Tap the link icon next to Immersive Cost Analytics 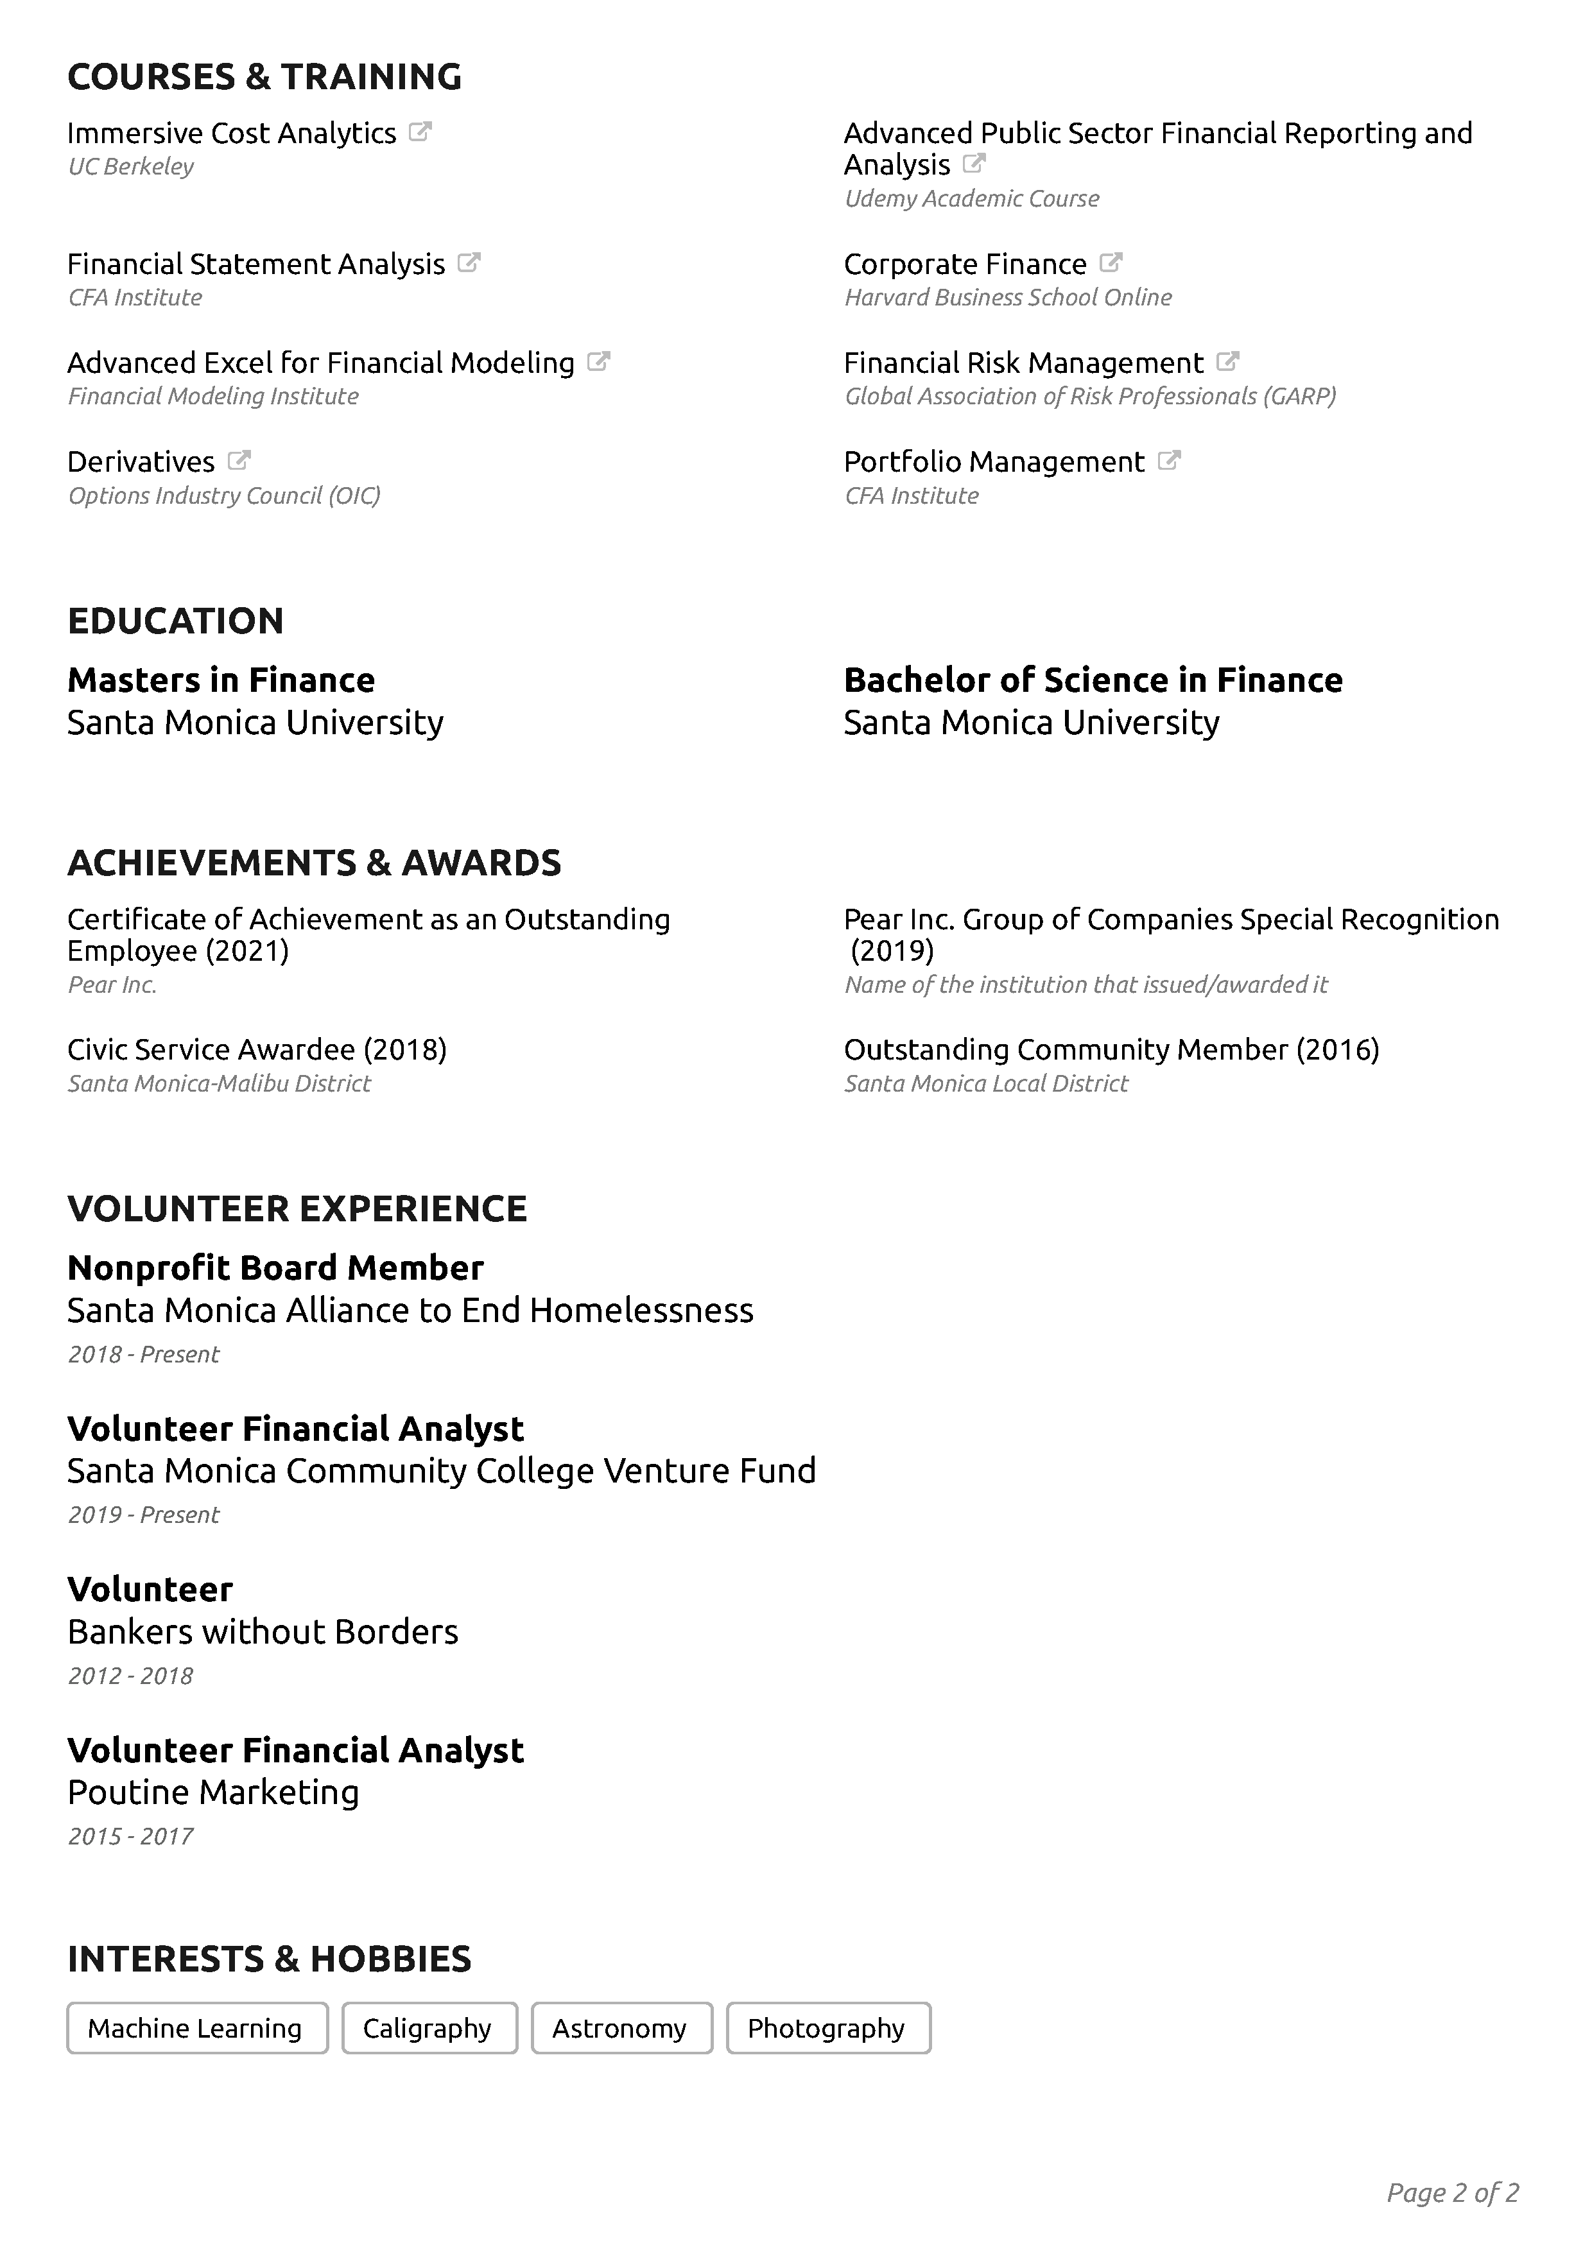(420, 132)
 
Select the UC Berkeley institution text (130, 167)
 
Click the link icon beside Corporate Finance (1111, 263)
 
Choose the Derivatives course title (141, 462)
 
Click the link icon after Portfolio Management (1168, 460)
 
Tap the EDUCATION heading (176, 621)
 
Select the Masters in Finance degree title (221, 680)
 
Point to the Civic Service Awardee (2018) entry (257, 1049)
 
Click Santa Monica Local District (986, 1084)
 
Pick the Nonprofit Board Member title (275, 1268)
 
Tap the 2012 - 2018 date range (130, 1675)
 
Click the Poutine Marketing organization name (213, 1792)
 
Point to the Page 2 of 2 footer (1453, 2192)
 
